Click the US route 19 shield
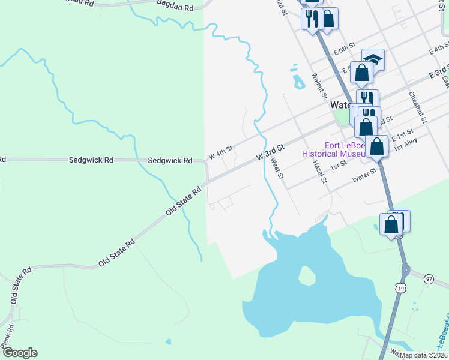400,289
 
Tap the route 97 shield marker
429,279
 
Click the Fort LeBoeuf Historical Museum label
333,149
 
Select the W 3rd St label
270,151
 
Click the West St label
277,169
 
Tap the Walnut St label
318,86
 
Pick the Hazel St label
319,172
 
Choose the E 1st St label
402,134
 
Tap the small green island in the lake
307,276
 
